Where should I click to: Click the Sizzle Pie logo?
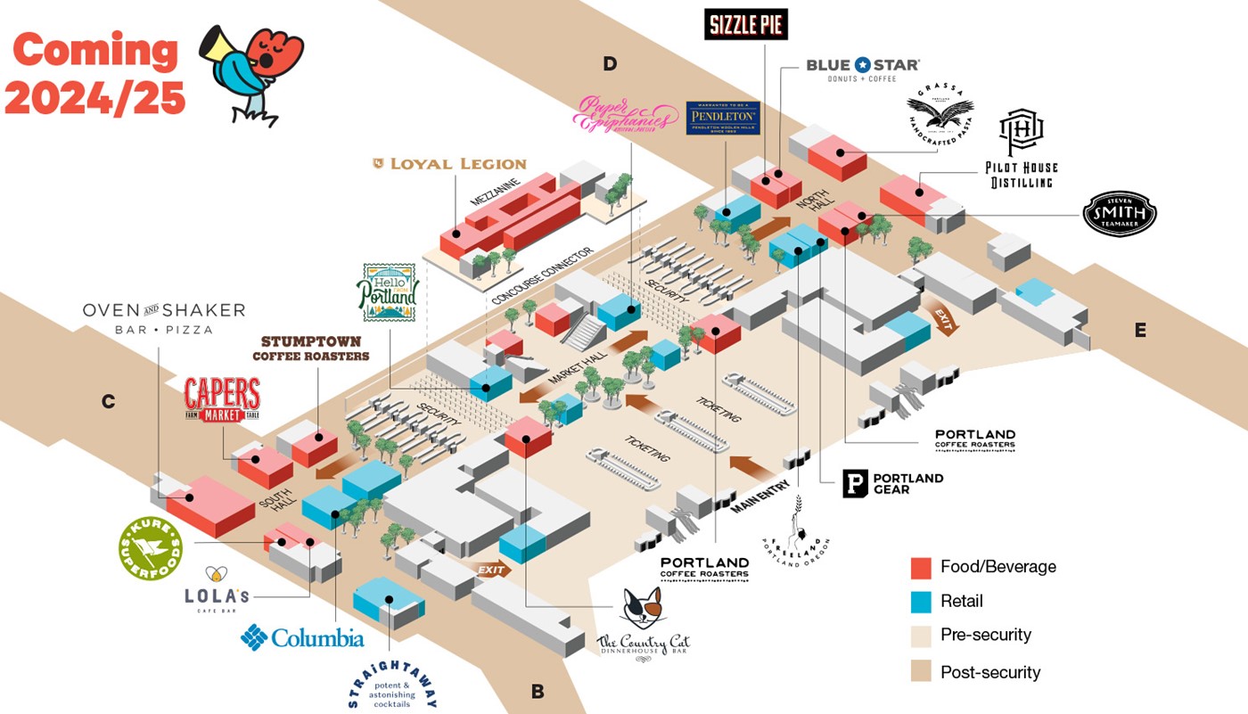[746, 24]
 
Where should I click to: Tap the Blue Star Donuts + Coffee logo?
[862, 70]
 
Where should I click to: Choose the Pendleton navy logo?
[723, 118]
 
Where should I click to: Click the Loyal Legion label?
[449, 164]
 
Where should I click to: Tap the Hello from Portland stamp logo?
[388, 292]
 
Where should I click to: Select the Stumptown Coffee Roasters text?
[310, 349]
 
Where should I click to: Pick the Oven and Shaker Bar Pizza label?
[163, 317]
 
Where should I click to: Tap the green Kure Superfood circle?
[150, 547]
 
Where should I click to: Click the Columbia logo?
[302, 637]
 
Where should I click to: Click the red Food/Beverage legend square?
[921, 567]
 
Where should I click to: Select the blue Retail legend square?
[921, 602]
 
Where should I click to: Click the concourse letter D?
[610, 63]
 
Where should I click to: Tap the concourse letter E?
[1140, 330]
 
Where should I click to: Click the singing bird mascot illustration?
[250, 71]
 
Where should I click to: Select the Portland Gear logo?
[892, 484]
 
